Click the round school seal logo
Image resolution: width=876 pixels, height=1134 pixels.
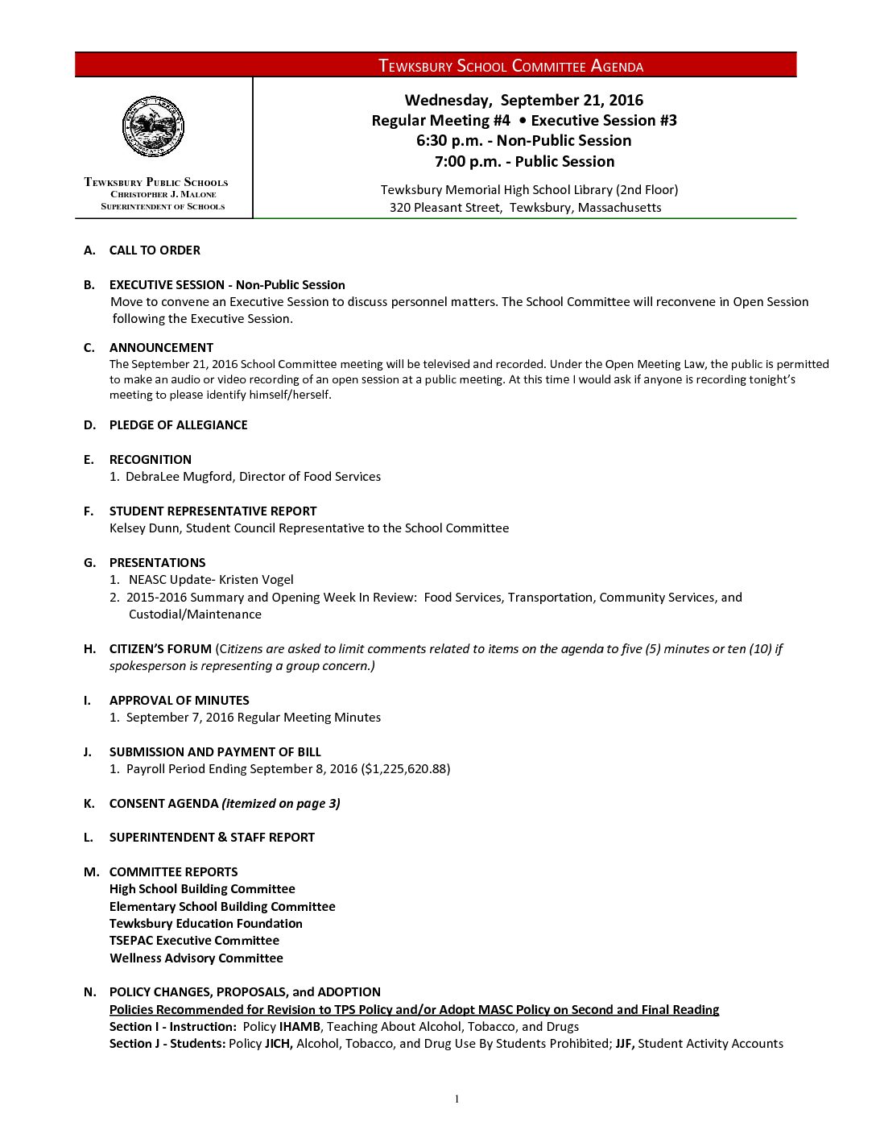pyautogui.click(x=153, y=126)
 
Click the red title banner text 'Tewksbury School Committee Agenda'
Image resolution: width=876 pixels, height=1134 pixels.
pyautogui.click(x=510, y=66)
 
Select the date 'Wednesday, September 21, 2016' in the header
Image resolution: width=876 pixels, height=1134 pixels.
pyautogui.click(x=523, y=100)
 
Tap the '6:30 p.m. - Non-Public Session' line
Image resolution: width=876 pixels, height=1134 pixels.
pyautogui.click(x=523, y=140)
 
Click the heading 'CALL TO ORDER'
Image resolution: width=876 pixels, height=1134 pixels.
pyautogui.click(x=155, y=250)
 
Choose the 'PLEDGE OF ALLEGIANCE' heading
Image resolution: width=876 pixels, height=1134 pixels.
pyautogui.click(x=178, y=425)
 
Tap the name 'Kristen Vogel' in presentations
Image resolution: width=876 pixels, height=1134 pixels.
pyautogui.click(x=256, y=580)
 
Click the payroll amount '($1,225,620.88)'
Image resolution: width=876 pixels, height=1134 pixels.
pyautogui.click(x=405, y=769)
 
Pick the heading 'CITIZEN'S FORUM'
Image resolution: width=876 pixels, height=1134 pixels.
pyautogui.click(x=160, y=649)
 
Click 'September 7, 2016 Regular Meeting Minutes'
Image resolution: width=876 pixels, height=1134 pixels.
pyautogui.click(x=253, y=718)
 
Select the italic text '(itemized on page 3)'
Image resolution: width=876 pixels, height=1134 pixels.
pyautogui.click(x=281, y=804)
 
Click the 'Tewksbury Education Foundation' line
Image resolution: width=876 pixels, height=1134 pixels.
pyautogui.click(x=205, y=924)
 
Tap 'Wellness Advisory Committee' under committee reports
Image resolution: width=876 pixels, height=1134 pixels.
pyautogui.click(x=196, y=958)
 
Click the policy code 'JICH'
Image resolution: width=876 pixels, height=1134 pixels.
pyautogui.click(x=279, y=1044)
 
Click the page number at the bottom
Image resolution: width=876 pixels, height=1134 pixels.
pyautogui.click(x=457, y=1099)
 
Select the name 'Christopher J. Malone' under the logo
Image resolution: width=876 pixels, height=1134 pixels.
pyautogui.click(x=163, y=194)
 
